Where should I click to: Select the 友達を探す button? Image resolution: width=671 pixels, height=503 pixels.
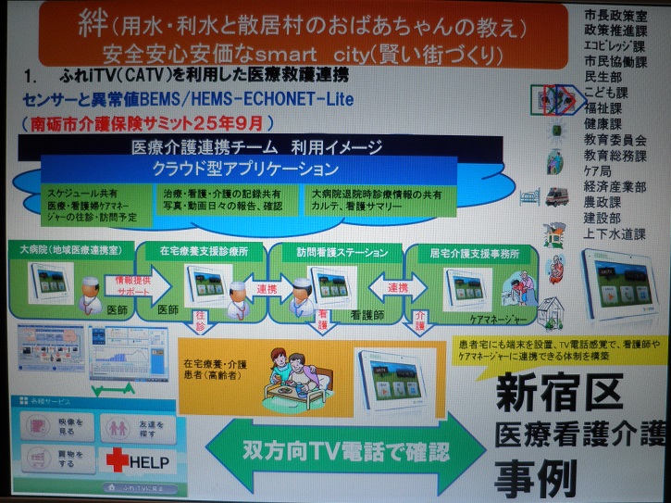click(x=123, y=425)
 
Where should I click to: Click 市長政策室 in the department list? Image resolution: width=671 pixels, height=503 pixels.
click(x=615, y=17)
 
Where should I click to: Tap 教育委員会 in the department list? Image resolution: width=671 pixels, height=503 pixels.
click(x=615, y=139)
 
